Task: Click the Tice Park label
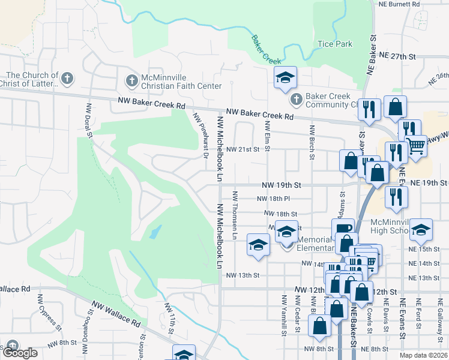pos(335,44)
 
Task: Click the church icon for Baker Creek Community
pos(295,99)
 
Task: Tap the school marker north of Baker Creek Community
pos(286,77)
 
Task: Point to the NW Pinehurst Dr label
pos(200,134)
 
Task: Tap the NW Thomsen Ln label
pos(236,215)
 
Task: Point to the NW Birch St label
pos(312,142)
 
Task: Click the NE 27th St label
pos(398,56)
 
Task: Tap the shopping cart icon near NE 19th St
pos(416,144)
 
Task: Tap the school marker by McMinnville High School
pos(422,229)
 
